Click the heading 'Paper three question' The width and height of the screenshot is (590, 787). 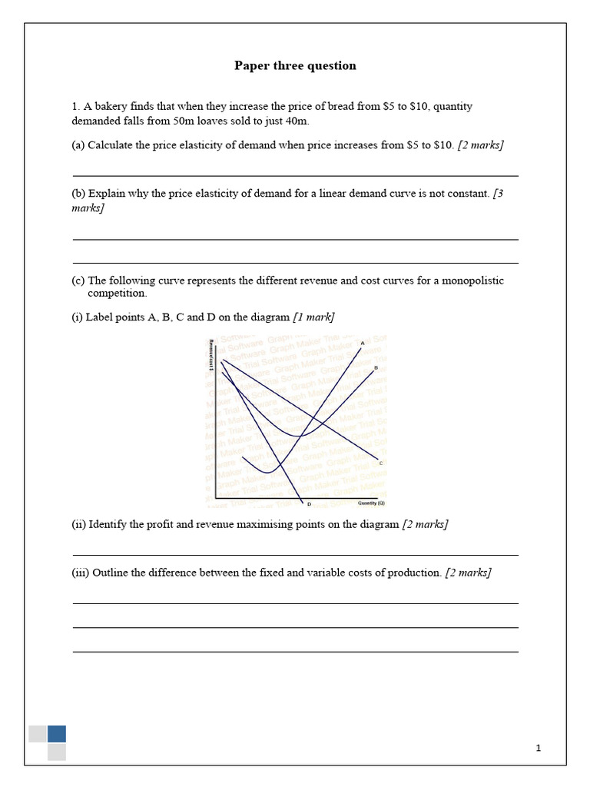(295, 66)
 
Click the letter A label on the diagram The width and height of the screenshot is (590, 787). (363, 343)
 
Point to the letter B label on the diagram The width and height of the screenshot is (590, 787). (376, 368)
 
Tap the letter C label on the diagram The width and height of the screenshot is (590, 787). (381, 462)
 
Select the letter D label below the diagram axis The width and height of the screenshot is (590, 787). (309, 504)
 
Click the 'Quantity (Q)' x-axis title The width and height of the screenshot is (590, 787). (371, 503)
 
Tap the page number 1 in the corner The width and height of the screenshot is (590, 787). (539, 748)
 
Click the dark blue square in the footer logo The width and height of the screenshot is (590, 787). (57, 733)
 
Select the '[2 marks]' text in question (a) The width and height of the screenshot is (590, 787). (481, 145)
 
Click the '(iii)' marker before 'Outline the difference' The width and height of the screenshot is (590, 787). (80, 573)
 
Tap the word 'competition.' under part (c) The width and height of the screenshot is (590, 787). (116, 293)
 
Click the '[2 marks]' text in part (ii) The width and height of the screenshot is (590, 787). (425, 524)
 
